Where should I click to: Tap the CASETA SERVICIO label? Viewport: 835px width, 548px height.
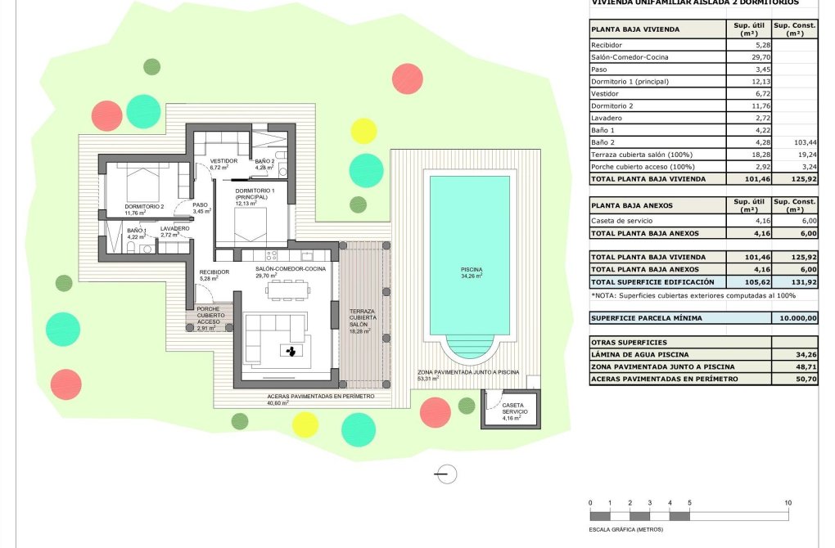513,408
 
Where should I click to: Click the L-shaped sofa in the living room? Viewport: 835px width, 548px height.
270,335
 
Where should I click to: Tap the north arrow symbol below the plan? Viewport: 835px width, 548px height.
446,474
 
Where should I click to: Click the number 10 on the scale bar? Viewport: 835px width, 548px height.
788,502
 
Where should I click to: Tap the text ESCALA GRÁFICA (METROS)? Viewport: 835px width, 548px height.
626,530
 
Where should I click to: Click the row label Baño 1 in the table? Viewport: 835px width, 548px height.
602,130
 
